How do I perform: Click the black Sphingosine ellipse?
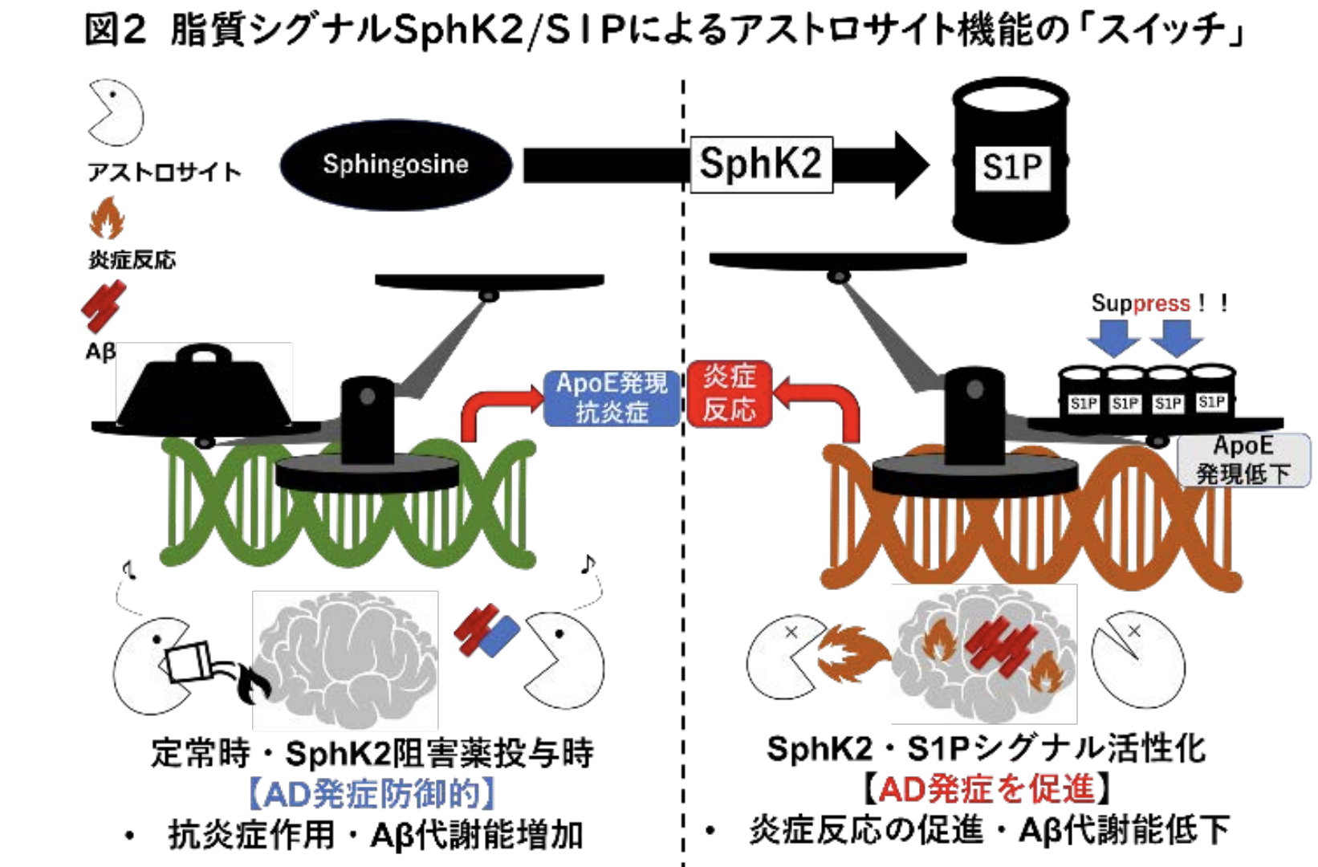[395, 165]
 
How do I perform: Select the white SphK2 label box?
[761, 165]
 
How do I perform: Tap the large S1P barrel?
[1011, 161]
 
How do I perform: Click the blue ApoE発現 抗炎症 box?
[612, 397]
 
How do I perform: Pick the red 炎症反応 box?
[729, 393]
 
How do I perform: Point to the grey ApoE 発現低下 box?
[1243, 460]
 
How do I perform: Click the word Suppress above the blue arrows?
[1140, 303]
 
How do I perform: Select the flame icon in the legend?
[107, 218]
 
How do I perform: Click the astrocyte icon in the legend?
[115, 112]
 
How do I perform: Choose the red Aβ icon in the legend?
[103, 305]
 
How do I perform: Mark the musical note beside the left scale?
[588, 564]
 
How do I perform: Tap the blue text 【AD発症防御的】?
[371, 794]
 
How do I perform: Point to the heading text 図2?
[115, 31]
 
